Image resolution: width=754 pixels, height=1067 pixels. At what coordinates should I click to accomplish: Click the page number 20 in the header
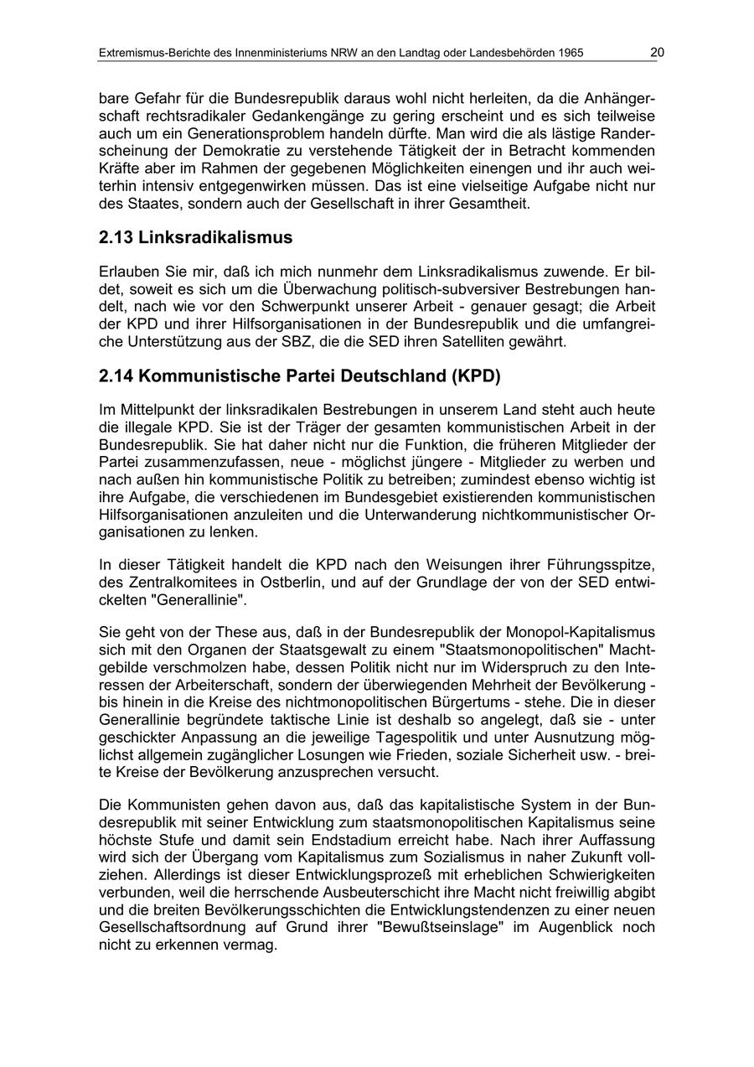point(657,53)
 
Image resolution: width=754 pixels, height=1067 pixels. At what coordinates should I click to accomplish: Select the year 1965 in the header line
point(569,54)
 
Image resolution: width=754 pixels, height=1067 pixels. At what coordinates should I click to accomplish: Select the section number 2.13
point(116,237)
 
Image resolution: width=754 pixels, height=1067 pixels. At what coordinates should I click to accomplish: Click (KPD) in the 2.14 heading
point(474,376)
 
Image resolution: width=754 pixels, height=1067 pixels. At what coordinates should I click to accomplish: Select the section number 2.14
point(116,376)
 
